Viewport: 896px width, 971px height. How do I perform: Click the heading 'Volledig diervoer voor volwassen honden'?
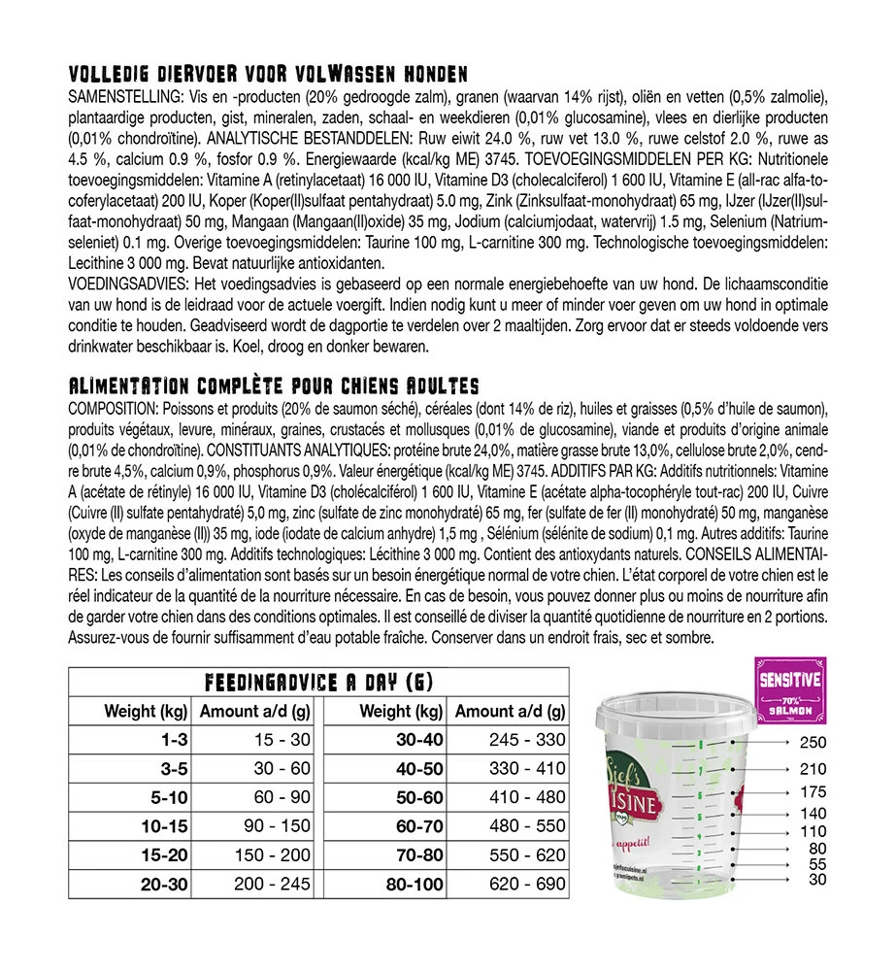coord(269,75)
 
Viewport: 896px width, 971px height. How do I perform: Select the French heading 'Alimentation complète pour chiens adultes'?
coord(274,386)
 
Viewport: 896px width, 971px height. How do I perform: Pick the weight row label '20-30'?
coord(163,885)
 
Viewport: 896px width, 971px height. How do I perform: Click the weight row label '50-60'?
coord(419,798)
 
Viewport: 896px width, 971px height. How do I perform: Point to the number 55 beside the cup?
coord(815,863)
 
